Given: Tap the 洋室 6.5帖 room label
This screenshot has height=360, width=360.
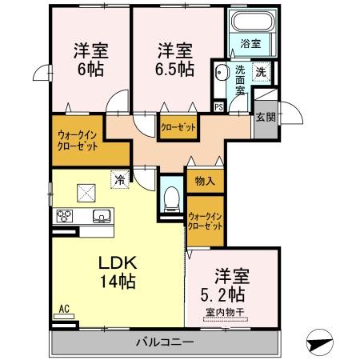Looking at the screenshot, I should coord(174,58).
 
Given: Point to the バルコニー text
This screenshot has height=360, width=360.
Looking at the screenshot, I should coord(163,342).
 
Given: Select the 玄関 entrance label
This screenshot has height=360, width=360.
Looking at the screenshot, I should coord(266,118).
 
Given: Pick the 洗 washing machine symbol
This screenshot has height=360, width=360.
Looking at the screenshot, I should coord(262,72).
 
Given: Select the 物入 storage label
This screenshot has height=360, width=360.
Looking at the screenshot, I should coord(205,182).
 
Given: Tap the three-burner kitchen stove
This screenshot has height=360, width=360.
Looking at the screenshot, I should coord(65,216).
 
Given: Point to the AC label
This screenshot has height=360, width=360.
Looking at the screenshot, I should coord(63,308).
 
